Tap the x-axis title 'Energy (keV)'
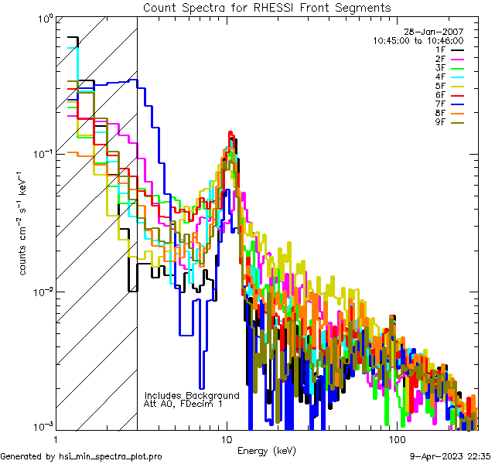point(267,451)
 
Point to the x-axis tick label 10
point(226,439)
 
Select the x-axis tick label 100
point(397,439)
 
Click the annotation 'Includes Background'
point(192,395)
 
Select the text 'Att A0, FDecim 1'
point(183,404)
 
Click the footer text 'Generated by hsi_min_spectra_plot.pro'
point(81,457)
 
